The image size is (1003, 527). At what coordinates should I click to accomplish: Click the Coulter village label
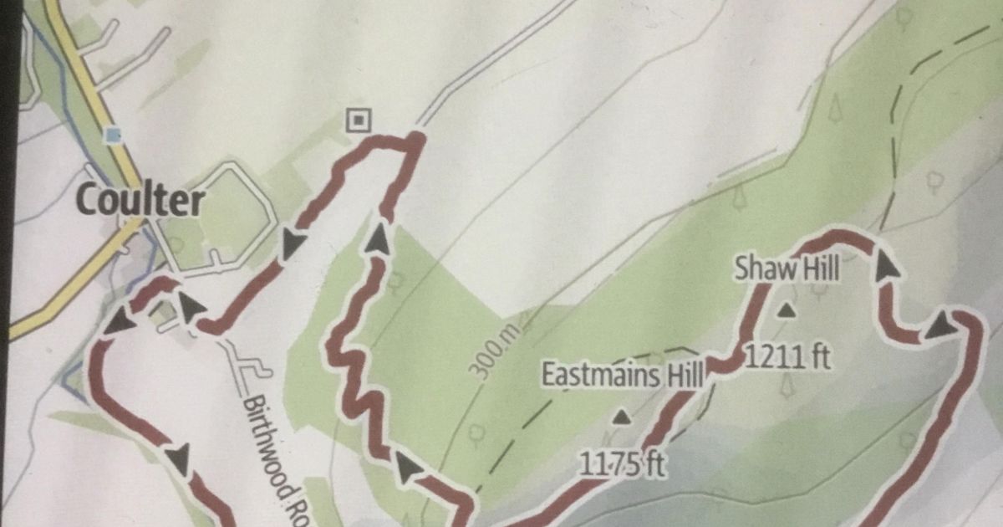[140, 201]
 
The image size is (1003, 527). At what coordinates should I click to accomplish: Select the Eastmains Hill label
[622, 374]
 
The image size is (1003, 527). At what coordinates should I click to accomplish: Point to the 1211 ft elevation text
[786, 357]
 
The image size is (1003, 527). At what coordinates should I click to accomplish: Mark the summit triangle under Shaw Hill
[785, 312]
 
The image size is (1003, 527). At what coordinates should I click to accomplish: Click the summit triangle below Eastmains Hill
[621, 416]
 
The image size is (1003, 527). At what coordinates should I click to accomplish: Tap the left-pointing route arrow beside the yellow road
[122, 320]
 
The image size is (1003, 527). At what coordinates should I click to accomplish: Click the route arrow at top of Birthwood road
[192, 307]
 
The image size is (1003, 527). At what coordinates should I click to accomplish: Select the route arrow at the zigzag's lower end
[407, 469]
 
